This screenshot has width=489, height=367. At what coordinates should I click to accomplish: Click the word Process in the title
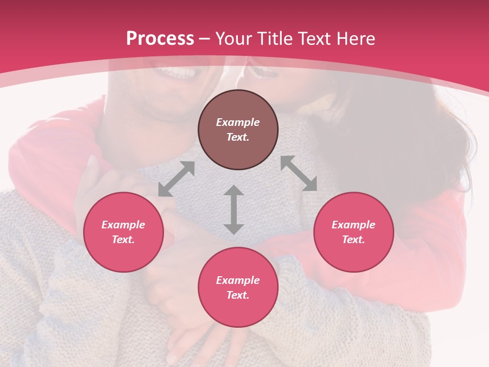coord(160,39)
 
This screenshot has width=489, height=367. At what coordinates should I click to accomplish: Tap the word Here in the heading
coord(355,39)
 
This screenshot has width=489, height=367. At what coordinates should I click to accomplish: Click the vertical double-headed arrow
coord(234,209)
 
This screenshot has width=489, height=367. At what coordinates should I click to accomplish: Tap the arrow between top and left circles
coord(176,179)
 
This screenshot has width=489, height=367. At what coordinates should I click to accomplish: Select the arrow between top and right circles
coord(298,173)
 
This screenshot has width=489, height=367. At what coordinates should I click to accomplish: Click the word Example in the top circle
coord(238,122)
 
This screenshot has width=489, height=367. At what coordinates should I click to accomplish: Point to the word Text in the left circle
coord(123,240)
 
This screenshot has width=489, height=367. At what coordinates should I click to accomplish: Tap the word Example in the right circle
coord(354,225)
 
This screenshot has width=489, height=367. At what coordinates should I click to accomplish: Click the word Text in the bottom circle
coord(238,295)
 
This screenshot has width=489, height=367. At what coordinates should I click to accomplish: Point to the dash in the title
coord(205,39)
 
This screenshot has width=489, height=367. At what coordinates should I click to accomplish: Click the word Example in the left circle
coord(123,225)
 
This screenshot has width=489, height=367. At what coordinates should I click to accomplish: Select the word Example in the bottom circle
coord(238,280)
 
